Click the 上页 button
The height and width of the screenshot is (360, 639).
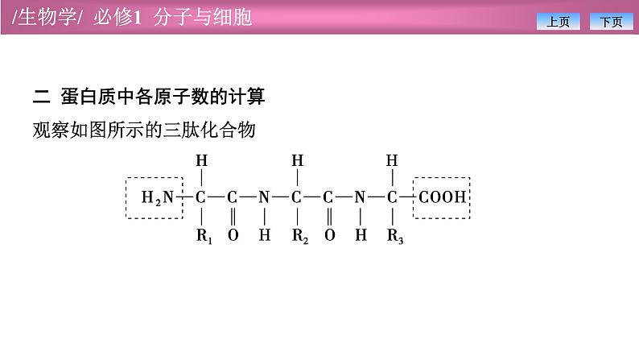(558, 22)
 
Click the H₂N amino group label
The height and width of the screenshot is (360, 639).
(157, 197)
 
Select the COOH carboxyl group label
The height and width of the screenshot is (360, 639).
(442, 197)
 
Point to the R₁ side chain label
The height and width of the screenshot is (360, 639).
(203, 236)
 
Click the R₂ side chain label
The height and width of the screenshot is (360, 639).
(299, 236)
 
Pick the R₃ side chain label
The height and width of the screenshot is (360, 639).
(394, 236)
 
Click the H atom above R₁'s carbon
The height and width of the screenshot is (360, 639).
(202, 160)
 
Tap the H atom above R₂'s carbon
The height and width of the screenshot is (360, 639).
(298, 160)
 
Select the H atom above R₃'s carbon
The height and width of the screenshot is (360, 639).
(393, 160)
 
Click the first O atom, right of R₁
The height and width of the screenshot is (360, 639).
(233, 236)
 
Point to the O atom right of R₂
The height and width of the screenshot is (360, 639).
(329, 236)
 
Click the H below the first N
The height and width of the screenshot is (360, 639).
(264, 236)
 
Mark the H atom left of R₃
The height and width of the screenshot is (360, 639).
(361, 236)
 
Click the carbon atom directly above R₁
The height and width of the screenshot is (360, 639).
(201, 197)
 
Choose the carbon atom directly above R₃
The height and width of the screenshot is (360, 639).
(393, 197)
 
